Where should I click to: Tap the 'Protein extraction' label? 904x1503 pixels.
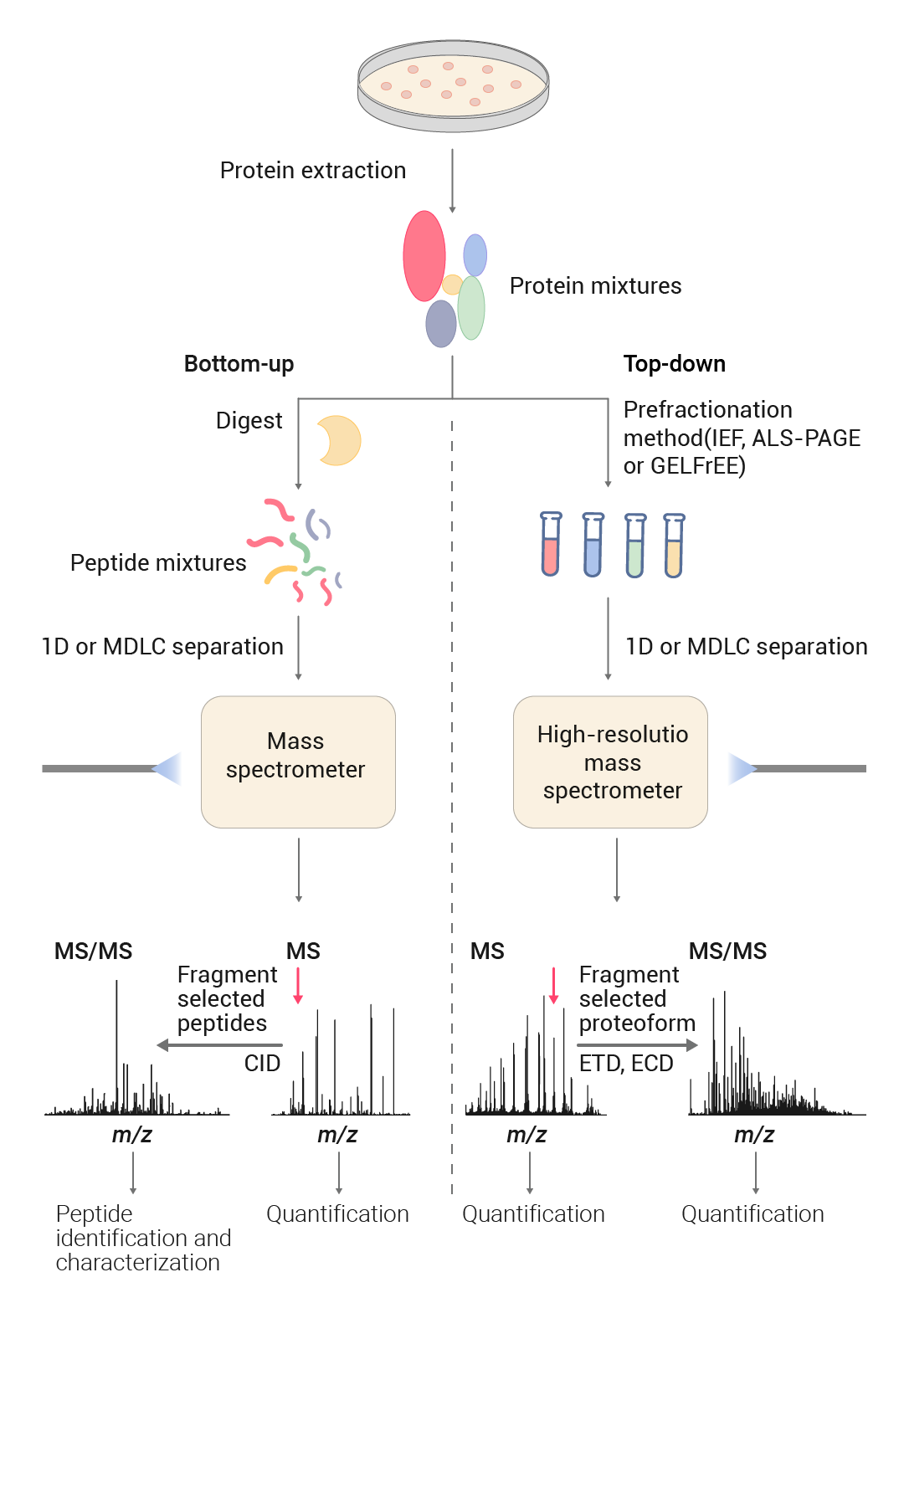pos(312,171)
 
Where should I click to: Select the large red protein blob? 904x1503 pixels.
pos(424,255)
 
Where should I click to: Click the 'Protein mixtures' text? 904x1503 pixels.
pos(595,286)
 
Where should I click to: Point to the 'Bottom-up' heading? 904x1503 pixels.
pos(239,364)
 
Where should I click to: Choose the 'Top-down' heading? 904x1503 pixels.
pos(674,364)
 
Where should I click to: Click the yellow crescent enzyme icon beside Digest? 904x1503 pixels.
pos(338,440)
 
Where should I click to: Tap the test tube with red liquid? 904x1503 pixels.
pos(550,545)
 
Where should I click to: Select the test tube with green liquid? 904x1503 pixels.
pos(635,546)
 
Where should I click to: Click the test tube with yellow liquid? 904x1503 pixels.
pos(674,546)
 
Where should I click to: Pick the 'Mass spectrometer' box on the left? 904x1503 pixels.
pos(298,762)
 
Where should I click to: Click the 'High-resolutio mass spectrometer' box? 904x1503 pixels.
pos(610,762)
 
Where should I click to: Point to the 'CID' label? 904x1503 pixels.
pos(262,1064)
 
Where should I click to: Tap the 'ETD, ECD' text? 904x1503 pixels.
pos(626,1064)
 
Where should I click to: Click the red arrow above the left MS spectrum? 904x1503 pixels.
pos(298,986)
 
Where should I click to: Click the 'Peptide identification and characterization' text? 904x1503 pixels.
pos(142,1238)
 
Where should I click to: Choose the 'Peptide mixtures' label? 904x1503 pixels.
pos(158,563)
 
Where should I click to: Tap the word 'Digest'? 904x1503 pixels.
pos(249,421)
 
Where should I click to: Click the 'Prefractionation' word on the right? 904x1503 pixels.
pos(707,410)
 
